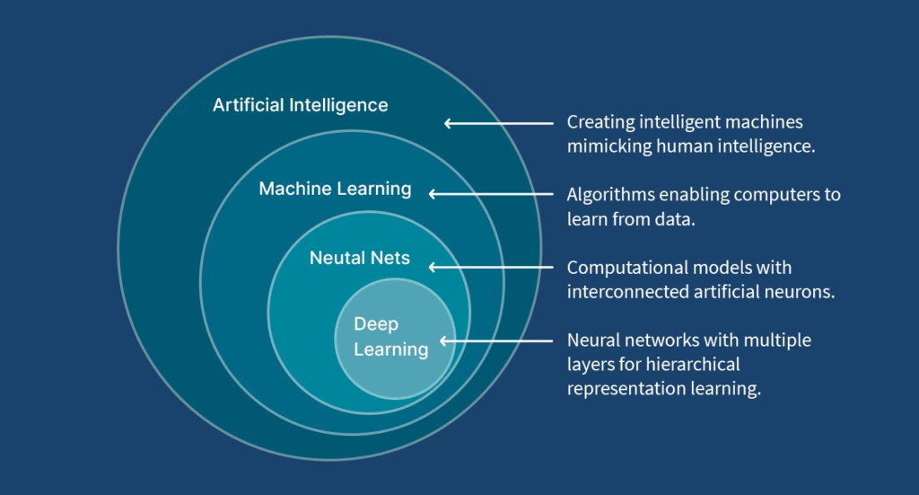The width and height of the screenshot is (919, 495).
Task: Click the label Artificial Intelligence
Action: click(x=300, y=105)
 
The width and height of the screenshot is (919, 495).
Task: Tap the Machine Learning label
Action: click(x=335, y=189)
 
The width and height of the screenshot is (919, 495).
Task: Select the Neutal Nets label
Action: click(x=359, y=258)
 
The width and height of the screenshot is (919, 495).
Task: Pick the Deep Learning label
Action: click(x=390, y=336)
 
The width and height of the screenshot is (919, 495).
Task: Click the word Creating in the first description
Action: click(x=599, y=122)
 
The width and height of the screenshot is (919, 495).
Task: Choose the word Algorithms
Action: click(x=608, y=194)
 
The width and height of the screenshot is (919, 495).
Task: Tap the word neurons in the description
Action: click(x=803, y=292)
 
